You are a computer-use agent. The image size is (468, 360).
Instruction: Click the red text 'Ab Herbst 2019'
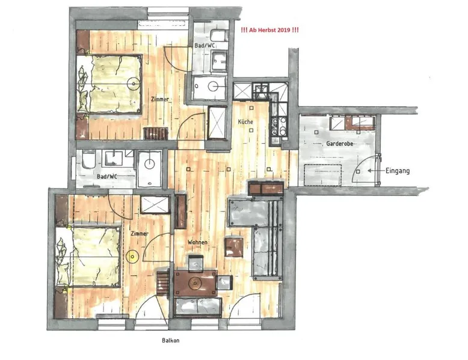click(269, 30)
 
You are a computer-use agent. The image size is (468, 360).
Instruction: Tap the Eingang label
click(397, 171)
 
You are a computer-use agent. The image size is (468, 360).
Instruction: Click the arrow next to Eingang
click(375, 171)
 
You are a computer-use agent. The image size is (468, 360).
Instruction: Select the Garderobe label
click(339, 144)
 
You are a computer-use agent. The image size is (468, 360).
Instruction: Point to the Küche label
click(245, 121)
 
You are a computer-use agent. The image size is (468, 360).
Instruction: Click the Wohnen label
click(197, 242)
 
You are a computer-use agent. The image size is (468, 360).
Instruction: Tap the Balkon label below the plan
click(170, 340)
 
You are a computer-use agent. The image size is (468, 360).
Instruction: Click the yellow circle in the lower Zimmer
click(131, 256)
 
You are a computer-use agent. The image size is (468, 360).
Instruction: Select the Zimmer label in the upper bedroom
click(159, 99)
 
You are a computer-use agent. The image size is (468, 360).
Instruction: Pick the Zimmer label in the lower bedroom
click(140, 234)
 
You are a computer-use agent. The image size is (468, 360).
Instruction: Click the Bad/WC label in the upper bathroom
click(205, 45)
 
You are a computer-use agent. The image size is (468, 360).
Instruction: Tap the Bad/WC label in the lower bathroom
click(107, 176)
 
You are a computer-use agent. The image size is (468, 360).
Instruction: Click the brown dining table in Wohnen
click(196, 283)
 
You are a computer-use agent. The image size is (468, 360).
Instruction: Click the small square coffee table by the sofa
click(233, 246)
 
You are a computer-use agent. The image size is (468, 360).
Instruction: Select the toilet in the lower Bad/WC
click(88, 159)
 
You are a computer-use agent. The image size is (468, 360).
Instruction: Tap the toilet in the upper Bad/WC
click(219, 36)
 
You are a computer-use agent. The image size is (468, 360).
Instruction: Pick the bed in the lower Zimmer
click(88, 257)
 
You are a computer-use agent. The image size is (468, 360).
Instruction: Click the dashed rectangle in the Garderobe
click(322, 175)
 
